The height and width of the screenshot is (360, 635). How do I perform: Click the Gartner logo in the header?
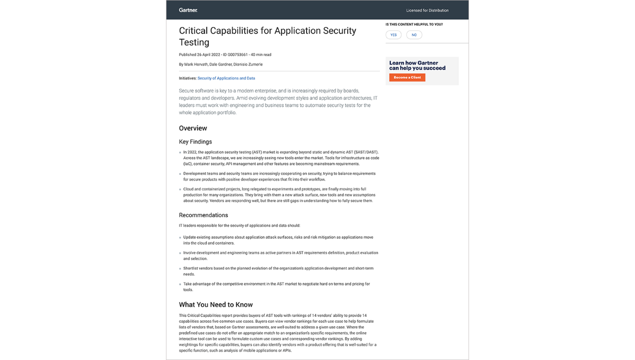point(188,10)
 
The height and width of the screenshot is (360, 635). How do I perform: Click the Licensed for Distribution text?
point(427,10)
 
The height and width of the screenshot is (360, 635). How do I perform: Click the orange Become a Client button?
point(407,78)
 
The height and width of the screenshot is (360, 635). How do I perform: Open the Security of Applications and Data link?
point(226,78)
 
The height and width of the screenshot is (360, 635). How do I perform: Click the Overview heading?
point(193,128)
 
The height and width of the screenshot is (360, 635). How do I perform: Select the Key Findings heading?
point(195,142)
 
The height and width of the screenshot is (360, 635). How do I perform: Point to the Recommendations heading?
point(203,215)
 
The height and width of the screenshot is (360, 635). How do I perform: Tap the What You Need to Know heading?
point(216,305)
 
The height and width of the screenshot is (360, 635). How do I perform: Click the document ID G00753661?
point(238,55)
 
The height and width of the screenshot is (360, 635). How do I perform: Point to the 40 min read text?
point(261,55)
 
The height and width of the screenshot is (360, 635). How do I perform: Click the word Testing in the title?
point(194,43)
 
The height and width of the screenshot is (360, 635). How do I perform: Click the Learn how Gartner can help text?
point(417,65)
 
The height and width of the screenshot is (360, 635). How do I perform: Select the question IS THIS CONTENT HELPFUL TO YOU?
point(414,24)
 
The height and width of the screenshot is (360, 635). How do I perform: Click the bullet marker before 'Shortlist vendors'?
point(180,269)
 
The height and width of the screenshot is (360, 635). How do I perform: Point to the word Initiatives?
point(188,78)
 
